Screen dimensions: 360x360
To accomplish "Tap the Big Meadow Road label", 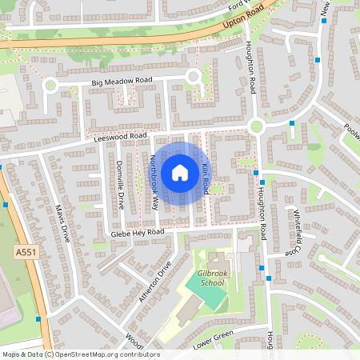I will click(122, 82).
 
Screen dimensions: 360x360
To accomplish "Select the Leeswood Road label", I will click(121, 137).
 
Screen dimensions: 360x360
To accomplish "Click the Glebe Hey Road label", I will click(137, 232).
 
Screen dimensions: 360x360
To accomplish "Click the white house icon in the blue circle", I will click(180, 172).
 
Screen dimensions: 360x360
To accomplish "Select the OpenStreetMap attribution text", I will click(80, 354).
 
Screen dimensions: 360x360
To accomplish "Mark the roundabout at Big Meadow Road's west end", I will click(50, 84).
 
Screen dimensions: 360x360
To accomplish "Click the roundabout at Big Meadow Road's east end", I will click(193, 77).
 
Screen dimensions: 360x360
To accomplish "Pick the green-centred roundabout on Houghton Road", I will click(256, 126).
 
